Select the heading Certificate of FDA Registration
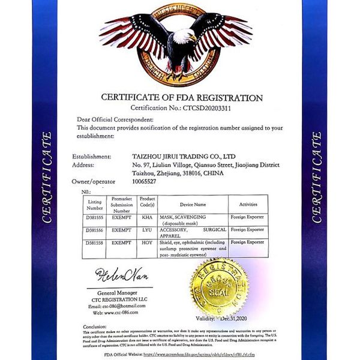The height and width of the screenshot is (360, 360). pos(182,98)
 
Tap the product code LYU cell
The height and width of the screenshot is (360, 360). pos(148,229)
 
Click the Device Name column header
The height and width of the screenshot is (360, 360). pos(192,204)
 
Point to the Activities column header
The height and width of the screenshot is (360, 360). pos(248,204)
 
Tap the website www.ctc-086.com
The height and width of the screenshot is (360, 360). pos(116,313)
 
